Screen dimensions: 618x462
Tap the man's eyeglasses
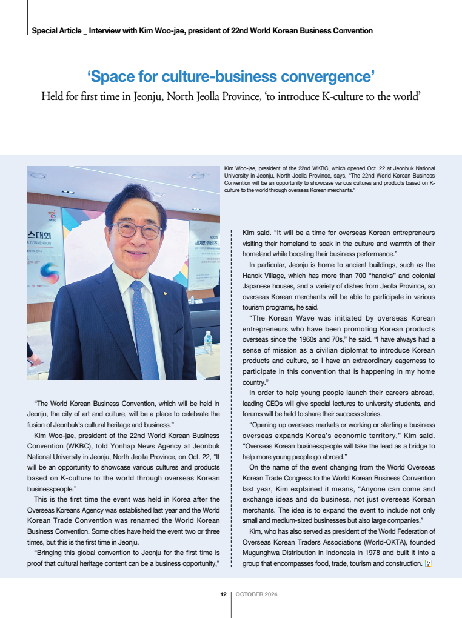[x=136, y=230]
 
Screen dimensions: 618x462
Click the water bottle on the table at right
[x=209, y=341]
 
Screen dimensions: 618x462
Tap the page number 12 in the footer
[x=223, y=594]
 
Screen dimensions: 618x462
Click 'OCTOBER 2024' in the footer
[x=256, y=594]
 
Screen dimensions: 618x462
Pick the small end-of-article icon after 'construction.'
[x=428, y=564]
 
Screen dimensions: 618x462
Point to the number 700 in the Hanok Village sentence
[x=386, y=276]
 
